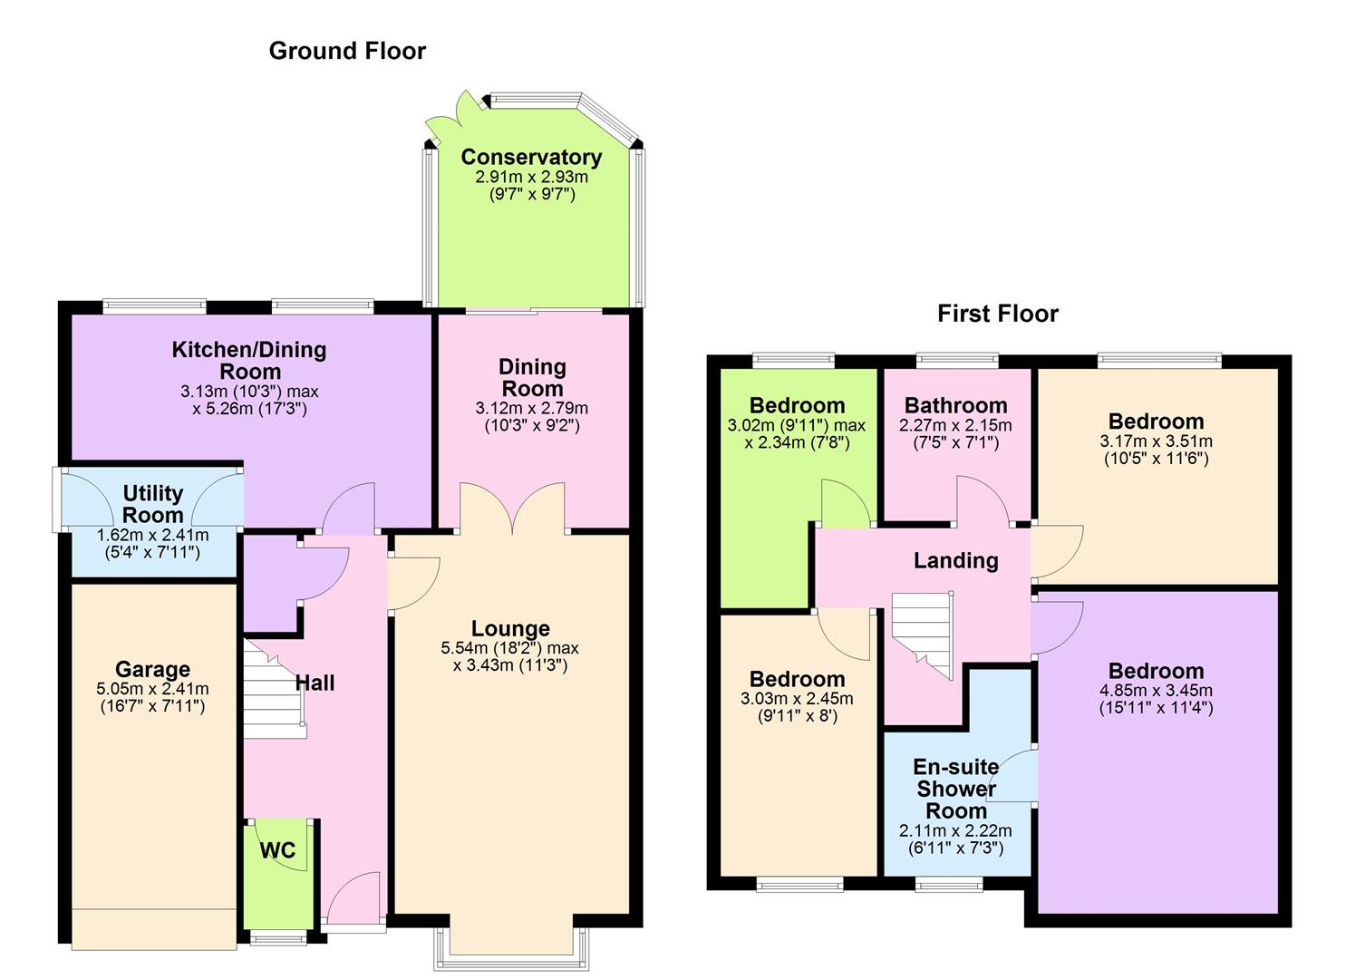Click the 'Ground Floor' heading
347,51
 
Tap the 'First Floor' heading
997,314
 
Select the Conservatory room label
531,157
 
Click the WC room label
277,850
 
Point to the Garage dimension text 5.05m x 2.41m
152,689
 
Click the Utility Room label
152,504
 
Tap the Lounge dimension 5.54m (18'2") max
509,648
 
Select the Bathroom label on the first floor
955,405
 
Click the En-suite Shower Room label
955,789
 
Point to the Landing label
955,560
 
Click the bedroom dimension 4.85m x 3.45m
1156,690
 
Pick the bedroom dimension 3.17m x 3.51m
1156,441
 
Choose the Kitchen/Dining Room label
249,360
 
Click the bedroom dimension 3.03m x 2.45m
797,699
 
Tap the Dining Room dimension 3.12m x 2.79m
531,408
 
